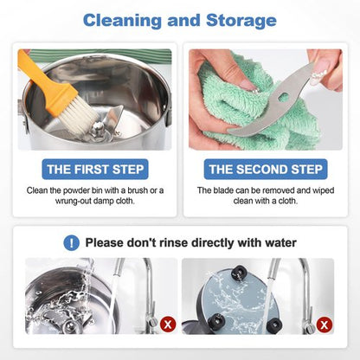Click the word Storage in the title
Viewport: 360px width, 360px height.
click(x=241, y=20)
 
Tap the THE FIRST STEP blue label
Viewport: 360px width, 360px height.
click(x=95, y=170)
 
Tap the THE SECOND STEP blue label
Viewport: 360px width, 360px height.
click(x=266, y=170)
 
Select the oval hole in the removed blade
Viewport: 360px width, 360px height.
click(x=283, y=96)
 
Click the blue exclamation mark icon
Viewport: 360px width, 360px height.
click(x=71, y=243)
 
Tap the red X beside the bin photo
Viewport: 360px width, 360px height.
click(x=168, y=325)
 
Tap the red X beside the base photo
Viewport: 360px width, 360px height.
click(x=325, y=325)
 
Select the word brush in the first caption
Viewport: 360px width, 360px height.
click(x=138, y=190)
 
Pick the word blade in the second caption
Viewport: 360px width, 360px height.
click(x=223, y=190)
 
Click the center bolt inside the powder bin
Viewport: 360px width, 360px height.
click(x=98, y=127)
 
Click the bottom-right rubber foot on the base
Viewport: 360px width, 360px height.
click(x=274, y=325)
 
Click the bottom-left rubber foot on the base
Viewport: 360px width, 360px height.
click(x=216, y=321)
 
